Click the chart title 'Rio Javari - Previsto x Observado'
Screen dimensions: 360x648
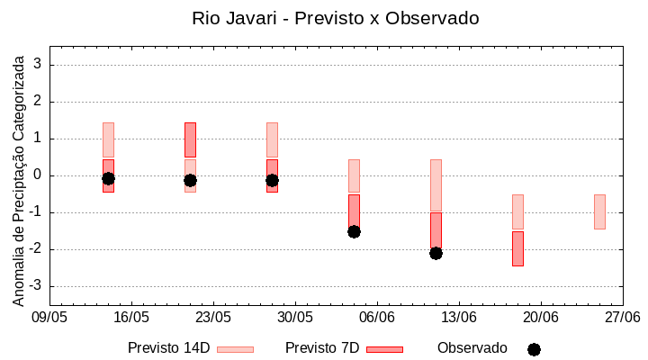[x=335, y=18]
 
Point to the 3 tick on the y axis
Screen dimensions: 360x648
[x=39, y=65]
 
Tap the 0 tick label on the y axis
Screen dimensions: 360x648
[x=39, y=175]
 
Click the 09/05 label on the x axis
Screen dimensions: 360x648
[x=49, y=318]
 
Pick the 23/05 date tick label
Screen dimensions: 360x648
[x=213, y=318]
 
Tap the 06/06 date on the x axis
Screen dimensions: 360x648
[x=377, y=318]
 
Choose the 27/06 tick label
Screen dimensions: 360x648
[x=622, y=318]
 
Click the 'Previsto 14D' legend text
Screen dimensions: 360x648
[x=168, y=348]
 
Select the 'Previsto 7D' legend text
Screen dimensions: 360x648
[x=321, y=348]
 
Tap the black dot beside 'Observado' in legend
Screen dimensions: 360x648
[x=534, y=349]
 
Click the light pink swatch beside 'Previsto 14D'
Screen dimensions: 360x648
[x=235, y=349]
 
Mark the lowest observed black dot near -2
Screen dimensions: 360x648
[x=436, y=253]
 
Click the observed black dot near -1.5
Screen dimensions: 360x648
[x=354, y=231]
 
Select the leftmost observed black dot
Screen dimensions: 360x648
[x=108, y=178]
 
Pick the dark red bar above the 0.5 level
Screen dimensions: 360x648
[x=190, y=139]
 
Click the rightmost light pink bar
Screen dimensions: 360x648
[x=599, y=211]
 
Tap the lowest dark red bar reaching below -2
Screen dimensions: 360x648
[x=517, y=248]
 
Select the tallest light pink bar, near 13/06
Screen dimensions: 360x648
[x=436, y=185]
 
